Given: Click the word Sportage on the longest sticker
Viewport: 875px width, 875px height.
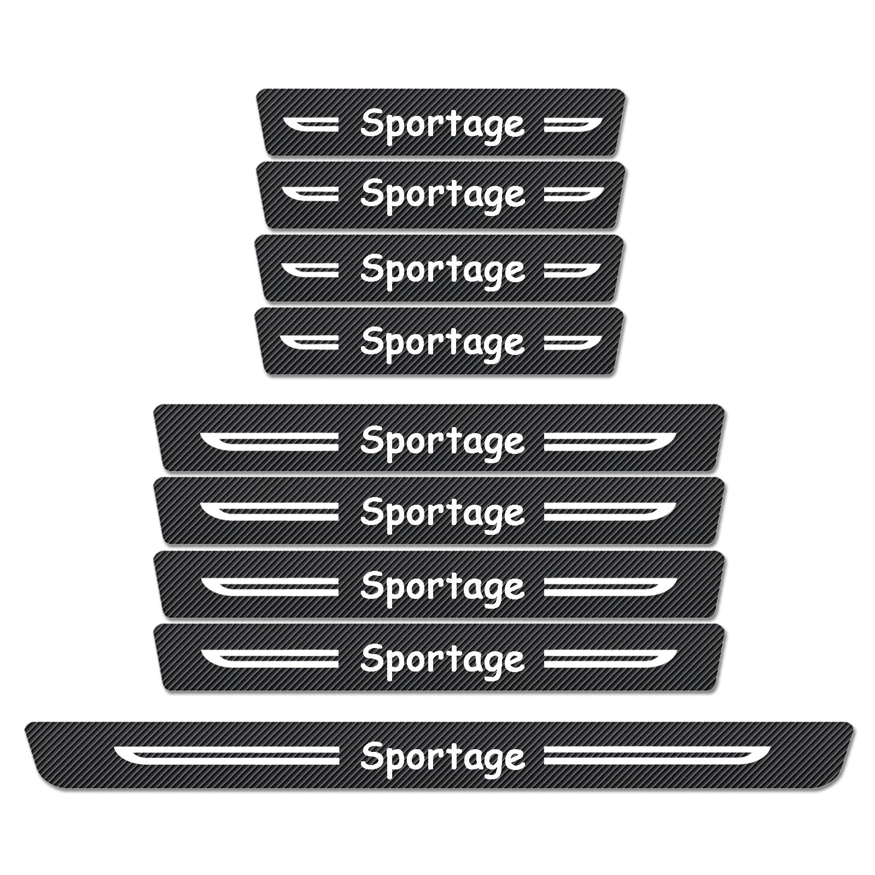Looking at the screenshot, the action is click(x=442, y=758).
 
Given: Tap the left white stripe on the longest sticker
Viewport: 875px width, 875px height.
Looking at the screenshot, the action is click(x=226, y=755).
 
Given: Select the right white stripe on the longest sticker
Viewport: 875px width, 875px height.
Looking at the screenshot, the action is click(x=657, y=755).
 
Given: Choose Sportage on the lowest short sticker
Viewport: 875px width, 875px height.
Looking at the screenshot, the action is click(x=442, y=343).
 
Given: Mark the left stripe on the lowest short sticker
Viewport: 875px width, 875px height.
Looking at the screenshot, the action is click(x=310, y=342).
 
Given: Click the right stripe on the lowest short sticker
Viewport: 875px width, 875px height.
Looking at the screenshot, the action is click(x=573, y=342).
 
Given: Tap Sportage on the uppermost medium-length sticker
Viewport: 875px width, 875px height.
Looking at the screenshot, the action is click(x=442, y=442).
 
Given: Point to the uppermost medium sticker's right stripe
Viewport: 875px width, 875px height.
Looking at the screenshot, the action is click(x=610, y=441).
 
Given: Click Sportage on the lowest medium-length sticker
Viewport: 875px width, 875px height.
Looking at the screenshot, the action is click(x=442, y=660).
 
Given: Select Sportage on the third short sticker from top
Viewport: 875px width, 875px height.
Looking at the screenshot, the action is click(x=442, y=271).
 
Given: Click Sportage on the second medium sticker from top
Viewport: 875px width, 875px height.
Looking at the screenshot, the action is click(x=442, y=514).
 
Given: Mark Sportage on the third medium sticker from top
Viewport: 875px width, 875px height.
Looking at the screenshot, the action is click(x=442, y=587).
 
